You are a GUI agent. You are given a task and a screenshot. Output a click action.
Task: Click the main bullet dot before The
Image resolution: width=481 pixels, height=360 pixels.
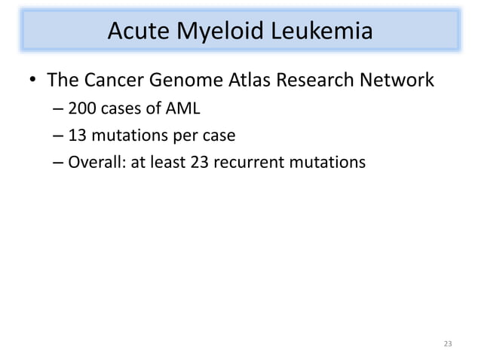click(32, 80)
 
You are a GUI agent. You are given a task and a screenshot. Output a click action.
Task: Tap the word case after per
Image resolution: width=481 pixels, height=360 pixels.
click(219, 136)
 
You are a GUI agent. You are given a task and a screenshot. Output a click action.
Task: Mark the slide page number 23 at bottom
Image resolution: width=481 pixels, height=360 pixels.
click(448, 344)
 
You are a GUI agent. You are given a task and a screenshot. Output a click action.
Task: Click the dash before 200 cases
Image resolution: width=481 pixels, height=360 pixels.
click(59, 111)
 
